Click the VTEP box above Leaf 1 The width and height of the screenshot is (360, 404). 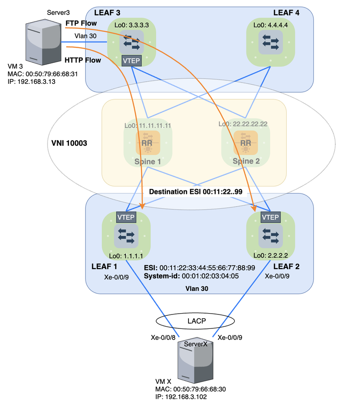pos(126,217)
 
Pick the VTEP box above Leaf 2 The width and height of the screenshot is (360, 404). pos(270,217)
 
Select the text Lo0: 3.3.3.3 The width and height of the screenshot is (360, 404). pos(132,26)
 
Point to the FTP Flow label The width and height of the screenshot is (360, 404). pos(81,23)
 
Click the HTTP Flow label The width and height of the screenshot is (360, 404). pos(82,60)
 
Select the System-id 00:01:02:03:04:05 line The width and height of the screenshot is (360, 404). pos(191,276)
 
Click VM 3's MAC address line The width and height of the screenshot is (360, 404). pos(43,74)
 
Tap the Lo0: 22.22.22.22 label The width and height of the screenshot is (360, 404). pos(243,124)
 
